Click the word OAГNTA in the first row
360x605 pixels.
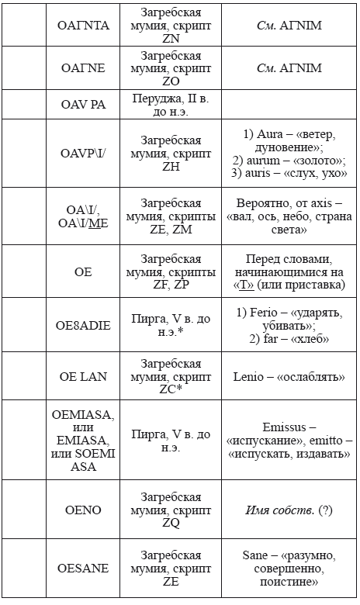point(84,26)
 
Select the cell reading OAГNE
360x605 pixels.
point(84,67)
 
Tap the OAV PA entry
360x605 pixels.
point(84,104)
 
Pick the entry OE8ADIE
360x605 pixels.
point(84,325)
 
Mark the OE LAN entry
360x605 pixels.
point(84,376)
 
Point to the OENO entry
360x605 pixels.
point(84,510)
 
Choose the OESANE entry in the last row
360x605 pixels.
point(84,569)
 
